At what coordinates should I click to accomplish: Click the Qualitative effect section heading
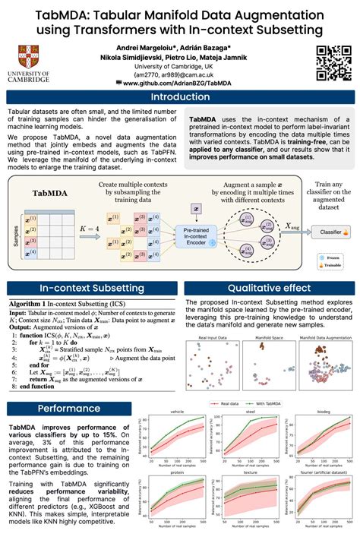(270, 289)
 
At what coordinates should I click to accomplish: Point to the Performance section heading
(70, 408)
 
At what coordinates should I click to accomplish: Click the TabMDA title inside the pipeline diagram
(48, 194)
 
